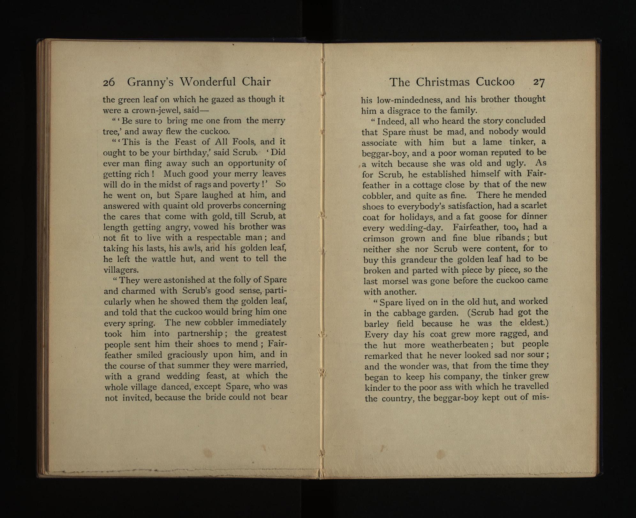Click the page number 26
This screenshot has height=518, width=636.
(x=109, y=82)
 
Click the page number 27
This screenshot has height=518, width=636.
(x=538, y=82)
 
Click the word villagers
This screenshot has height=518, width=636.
(x=121, y=270)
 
